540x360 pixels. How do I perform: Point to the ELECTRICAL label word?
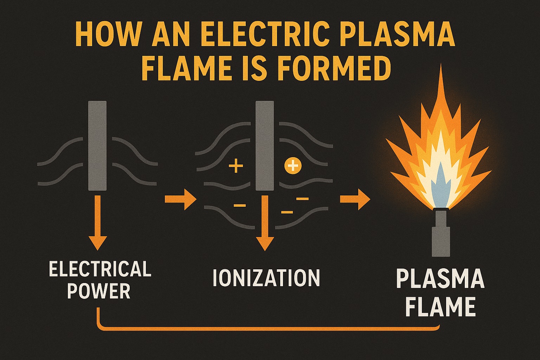point(100,269)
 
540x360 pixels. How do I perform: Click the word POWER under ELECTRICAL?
point(99,291)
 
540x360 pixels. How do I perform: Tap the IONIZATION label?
point(266,278)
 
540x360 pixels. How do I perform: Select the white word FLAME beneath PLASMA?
point(440,307)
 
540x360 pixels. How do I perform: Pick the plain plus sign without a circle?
point(236,166)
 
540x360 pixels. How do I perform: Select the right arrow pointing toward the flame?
point(355,200)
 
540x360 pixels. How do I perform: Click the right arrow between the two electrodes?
point(180,200)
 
